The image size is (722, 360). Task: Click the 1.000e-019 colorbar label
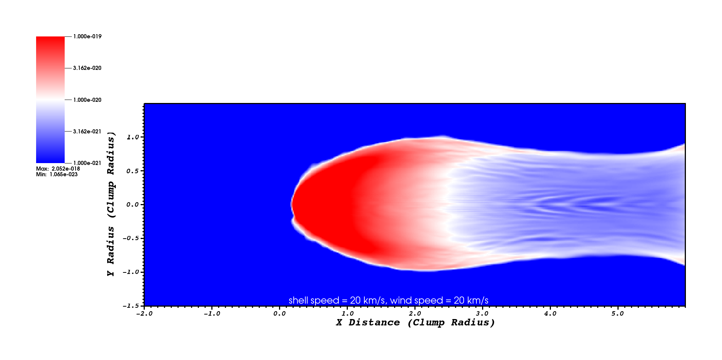87,36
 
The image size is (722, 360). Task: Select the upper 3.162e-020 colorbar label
87,68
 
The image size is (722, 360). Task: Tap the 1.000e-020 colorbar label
87,100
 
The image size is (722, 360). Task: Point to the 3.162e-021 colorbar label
87,132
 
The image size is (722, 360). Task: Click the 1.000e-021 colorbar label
87,163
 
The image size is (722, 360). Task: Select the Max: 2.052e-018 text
58,169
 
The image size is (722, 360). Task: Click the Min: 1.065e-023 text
57,174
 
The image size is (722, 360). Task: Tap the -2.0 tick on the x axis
144,314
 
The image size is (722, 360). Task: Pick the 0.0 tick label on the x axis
279,314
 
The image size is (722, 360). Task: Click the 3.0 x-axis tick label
482,314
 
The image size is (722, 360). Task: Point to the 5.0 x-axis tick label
617,314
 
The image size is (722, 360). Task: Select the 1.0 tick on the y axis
133,137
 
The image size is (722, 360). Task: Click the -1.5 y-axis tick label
131,306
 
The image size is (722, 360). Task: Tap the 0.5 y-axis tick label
133,171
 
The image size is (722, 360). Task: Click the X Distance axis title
415,322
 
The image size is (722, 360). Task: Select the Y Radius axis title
111,204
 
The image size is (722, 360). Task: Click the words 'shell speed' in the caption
314,301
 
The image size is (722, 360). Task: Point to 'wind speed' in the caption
417,301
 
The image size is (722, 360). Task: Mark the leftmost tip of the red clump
291,205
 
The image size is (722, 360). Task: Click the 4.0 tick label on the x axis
550,314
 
